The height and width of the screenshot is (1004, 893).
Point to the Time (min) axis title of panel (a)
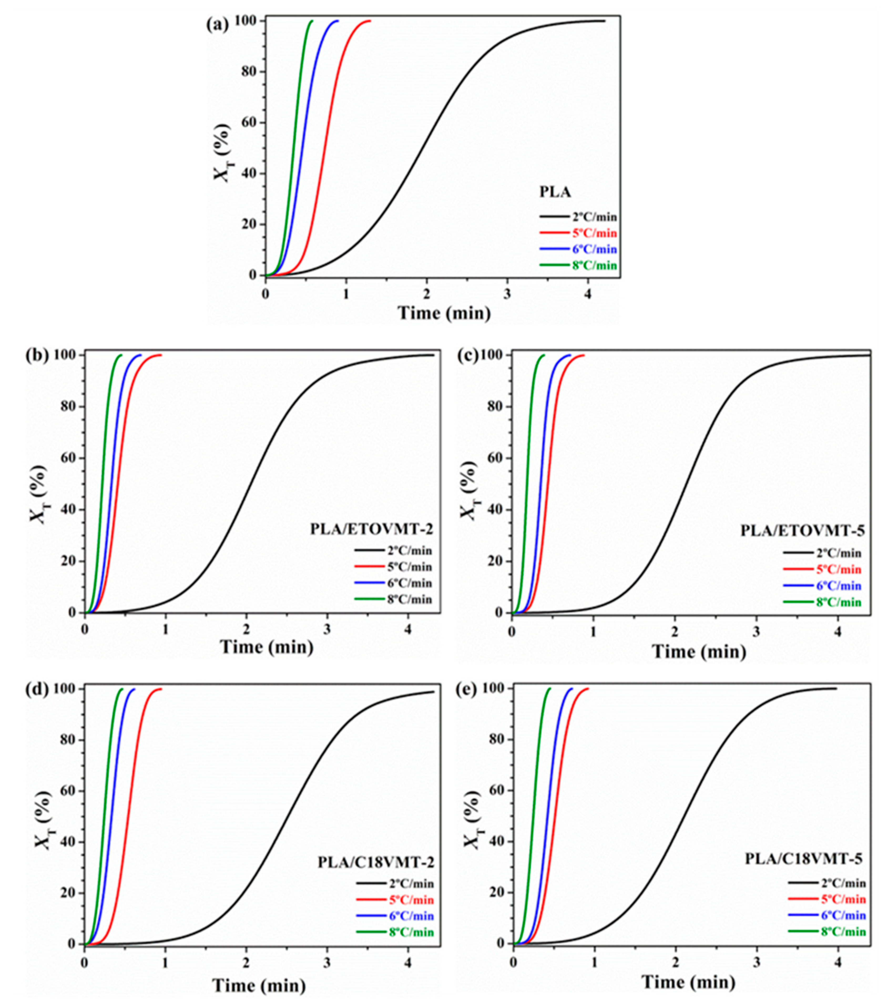point(444,313)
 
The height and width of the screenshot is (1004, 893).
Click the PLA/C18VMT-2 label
point(376,862)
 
